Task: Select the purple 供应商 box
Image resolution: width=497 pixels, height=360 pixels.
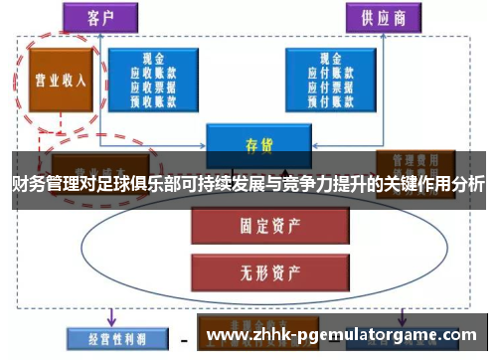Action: [x=383, y=17]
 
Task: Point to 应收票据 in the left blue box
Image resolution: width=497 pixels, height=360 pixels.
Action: [x=153, y=85]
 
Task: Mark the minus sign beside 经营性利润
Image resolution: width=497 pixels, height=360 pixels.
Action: [x=184, y=338]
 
